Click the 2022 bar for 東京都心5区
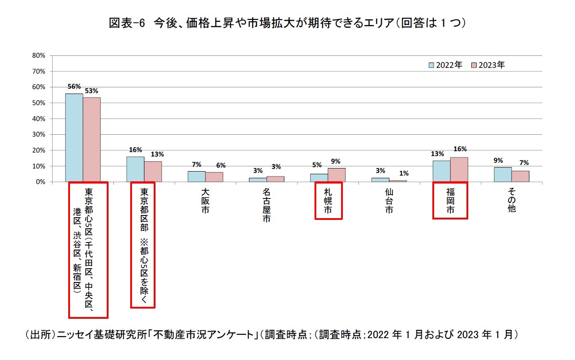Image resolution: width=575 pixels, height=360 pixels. coord(74,137)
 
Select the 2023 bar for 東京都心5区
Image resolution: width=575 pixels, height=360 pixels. coord(92,140)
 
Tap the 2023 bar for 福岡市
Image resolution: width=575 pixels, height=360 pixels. coord(459,169)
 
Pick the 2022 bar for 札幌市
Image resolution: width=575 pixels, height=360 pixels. coord(319,178)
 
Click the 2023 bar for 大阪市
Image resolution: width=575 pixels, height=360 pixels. coord(214,177)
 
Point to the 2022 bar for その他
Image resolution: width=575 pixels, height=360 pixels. coord(503,174)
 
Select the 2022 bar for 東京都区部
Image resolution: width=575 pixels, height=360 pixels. coord(135,169)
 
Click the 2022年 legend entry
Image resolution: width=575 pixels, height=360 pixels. coord(445,65)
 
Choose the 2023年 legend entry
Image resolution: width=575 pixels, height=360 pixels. coord(487,65)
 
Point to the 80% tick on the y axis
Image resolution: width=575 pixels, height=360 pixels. coord(39,55)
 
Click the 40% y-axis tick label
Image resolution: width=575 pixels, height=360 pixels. coord(39,119)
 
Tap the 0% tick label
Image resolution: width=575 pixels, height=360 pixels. coord(40,182)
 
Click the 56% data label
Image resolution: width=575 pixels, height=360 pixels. coord(74,87)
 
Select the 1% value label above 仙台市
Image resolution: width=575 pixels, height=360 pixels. coord(404,174)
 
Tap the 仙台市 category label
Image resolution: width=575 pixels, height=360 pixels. coord(389,201)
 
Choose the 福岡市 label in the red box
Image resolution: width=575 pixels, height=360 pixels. coord(450,201)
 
